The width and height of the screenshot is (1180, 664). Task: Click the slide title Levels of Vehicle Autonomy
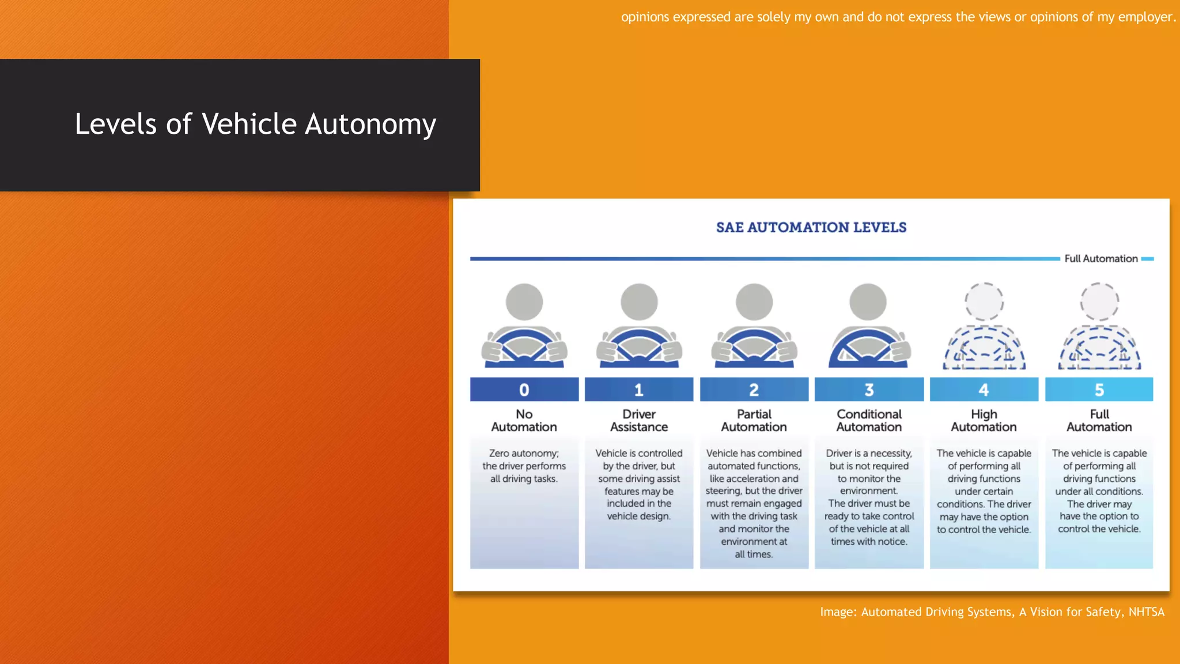(255, 124)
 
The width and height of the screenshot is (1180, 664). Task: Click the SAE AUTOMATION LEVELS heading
(811, 228)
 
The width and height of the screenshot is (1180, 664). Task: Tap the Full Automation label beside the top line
(1100, 259)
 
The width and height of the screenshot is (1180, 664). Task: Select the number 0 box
(524, 390)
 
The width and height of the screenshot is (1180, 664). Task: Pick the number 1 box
(639, 390)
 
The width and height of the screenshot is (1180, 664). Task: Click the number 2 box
(754, 390)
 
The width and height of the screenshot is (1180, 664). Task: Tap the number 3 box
(869, 390)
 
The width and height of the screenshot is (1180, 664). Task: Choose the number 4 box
(984, 390)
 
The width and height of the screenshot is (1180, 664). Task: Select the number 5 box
(1099, 390)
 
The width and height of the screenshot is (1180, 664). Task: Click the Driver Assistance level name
(639, 421)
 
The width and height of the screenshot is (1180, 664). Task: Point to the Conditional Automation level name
(869, 421)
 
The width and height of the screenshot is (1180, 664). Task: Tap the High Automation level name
(984, 421)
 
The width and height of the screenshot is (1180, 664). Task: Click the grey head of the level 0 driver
(524, 301)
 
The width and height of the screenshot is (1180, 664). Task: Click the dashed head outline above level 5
(1099, 301)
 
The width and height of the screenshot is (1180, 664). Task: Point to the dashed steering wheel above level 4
(984, 349)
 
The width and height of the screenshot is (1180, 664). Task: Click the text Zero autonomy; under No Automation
(524, 454)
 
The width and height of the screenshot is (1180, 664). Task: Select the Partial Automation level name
(754, 421)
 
